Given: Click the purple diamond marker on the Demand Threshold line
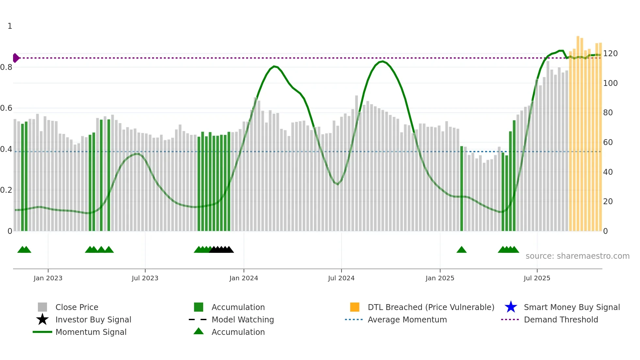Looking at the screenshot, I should tap(16, 58).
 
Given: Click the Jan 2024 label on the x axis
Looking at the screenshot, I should tap(244, 278).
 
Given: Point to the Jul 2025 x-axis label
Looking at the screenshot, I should tap(537, 278).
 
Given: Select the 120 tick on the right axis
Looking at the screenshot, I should tap(610, 54).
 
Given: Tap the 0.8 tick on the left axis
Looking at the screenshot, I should tap(6, 67).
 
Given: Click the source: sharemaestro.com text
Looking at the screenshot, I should tap(577, 256).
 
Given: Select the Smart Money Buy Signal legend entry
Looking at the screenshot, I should tap(571, 307).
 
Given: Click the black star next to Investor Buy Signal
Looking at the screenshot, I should tap(42, 319).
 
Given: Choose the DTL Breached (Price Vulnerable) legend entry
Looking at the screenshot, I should tap(431, 307).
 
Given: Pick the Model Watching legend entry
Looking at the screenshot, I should tap(242, 319).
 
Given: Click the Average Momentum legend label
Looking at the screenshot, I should tap(407, 319).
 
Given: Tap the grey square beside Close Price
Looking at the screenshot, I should tap(42, 307).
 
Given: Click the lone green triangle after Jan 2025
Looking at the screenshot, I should tap(461, 250).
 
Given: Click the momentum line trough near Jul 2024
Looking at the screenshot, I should tap(338, 184).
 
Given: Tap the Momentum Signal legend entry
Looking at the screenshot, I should tap(91, 332).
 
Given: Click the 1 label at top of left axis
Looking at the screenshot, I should tap(10, 26).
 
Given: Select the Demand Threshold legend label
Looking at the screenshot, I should tap(561, 319).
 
